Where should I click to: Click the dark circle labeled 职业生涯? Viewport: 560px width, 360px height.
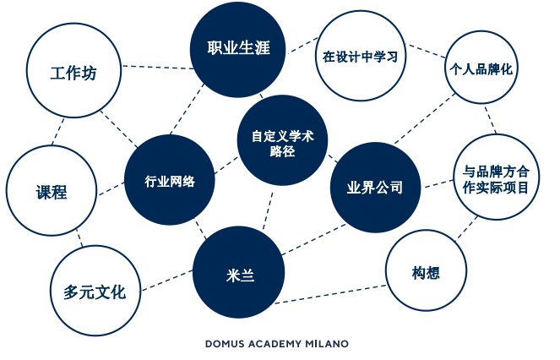[x=238, y=47]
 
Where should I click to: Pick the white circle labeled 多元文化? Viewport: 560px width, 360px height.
[x=94, y=292]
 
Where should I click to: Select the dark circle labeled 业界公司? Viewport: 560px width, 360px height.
[x=374, y=188]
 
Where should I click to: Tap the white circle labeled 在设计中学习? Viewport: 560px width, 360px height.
[x=359, y=57]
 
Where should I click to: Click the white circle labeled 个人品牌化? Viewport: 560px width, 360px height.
[x=481, y=68]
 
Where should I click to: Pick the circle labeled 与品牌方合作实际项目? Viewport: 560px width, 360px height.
[x=496, y=178]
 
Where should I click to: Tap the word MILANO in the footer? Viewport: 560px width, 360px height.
[x=325, y=344]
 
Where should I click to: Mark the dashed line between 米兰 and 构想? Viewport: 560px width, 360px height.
[x=332, y=293]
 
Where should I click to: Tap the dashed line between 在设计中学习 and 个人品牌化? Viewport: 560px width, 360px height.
[x=425, y=51]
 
